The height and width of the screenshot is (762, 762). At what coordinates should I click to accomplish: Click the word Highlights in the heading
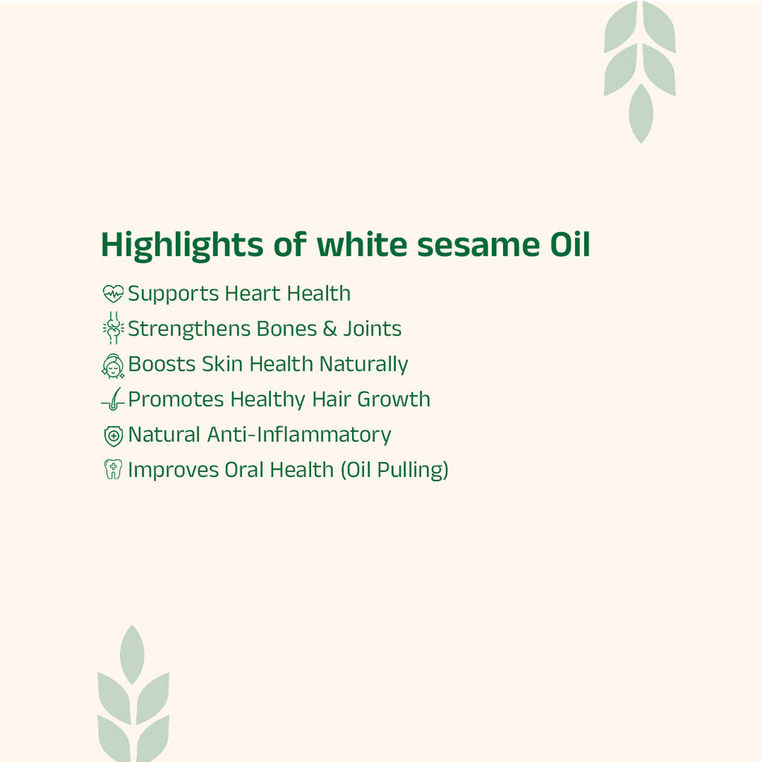coord(182,246)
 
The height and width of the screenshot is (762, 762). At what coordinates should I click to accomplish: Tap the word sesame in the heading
coord(473,246)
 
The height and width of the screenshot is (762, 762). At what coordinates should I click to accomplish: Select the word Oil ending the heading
coord(565,246)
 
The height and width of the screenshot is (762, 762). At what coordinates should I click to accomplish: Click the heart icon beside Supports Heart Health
coord(112,294)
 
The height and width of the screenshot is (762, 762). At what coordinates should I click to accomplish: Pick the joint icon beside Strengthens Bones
coord(112,328)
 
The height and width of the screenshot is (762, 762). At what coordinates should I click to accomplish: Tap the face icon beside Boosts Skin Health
coord(112,365)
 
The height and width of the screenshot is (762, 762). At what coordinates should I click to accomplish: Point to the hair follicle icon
coord(112,400)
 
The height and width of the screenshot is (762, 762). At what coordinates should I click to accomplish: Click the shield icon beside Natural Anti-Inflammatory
coord(112,435)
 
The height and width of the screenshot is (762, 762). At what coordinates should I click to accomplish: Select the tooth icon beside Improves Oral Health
coord(112,470)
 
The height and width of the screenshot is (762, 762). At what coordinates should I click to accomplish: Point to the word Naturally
coord(364,365)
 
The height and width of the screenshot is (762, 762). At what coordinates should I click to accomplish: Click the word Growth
coord(394,400)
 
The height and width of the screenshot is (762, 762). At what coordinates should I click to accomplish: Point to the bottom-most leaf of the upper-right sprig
coord(640,113)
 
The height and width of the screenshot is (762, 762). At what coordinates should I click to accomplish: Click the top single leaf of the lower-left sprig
coord(132,654)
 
